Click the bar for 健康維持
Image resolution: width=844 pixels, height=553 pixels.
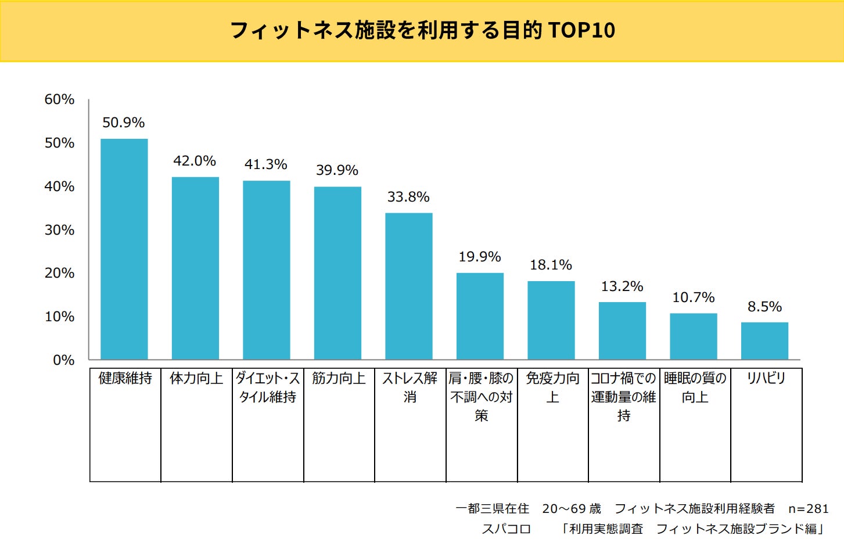[124, 249]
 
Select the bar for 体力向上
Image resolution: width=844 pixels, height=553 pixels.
[195, 268]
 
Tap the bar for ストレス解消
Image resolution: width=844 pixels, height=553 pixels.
[408, 286]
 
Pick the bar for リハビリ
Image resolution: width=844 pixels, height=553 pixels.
[764, 341]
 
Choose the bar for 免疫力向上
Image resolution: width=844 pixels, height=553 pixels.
[551, 320]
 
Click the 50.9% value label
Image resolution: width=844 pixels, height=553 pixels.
[123, 123]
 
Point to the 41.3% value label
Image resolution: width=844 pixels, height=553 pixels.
[265, 164]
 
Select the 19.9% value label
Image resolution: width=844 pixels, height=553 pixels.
[479, 257]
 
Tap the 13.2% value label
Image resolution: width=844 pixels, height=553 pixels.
[622, 286]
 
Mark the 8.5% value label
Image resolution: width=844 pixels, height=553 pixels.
[764, 307]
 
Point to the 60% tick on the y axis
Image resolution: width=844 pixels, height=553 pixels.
[59, 99]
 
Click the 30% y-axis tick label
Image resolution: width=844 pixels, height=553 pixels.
[59, 230]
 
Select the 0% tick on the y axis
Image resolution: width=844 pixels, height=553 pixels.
[63, 360]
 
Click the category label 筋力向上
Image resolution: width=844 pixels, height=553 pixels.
[339, 379]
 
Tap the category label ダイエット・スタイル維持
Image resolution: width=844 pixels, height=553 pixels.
[268, 387]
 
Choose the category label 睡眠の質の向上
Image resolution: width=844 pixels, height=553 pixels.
[695, 387]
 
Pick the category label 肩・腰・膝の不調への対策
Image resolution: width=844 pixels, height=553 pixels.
[481, 397]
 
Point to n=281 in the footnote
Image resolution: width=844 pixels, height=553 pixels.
[808, 509]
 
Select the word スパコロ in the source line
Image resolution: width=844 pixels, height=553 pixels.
[506, 529]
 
